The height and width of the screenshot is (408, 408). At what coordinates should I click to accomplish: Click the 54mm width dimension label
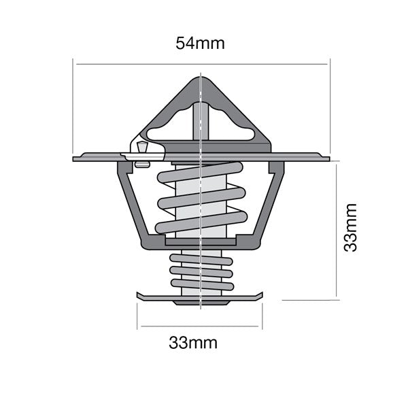pyautogui.click(x=200, y=43)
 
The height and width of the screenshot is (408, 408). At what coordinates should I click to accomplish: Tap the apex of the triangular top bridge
pyautogui.click(x=202, y=77)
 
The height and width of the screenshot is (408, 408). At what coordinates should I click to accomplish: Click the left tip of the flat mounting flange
pyautogui.click(x=75, y=158)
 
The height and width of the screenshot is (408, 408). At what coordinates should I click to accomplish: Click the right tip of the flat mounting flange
pyautogui.click(x=328, y=158)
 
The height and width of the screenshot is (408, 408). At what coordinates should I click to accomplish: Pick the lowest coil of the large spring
pyautogui.click(x=201, y=222)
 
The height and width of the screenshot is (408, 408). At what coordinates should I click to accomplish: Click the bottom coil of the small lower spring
pyautogui.click(x=201, y=286)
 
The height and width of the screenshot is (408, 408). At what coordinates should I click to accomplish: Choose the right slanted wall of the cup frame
pyautogui.click(x=271, y=204)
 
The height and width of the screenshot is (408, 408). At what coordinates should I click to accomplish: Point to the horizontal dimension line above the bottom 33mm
pyautogui.click(x=199, y=326)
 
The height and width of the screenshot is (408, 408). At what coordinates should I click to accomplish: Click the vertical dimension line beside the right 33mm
pyautogui.click(x=337, y=231)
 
